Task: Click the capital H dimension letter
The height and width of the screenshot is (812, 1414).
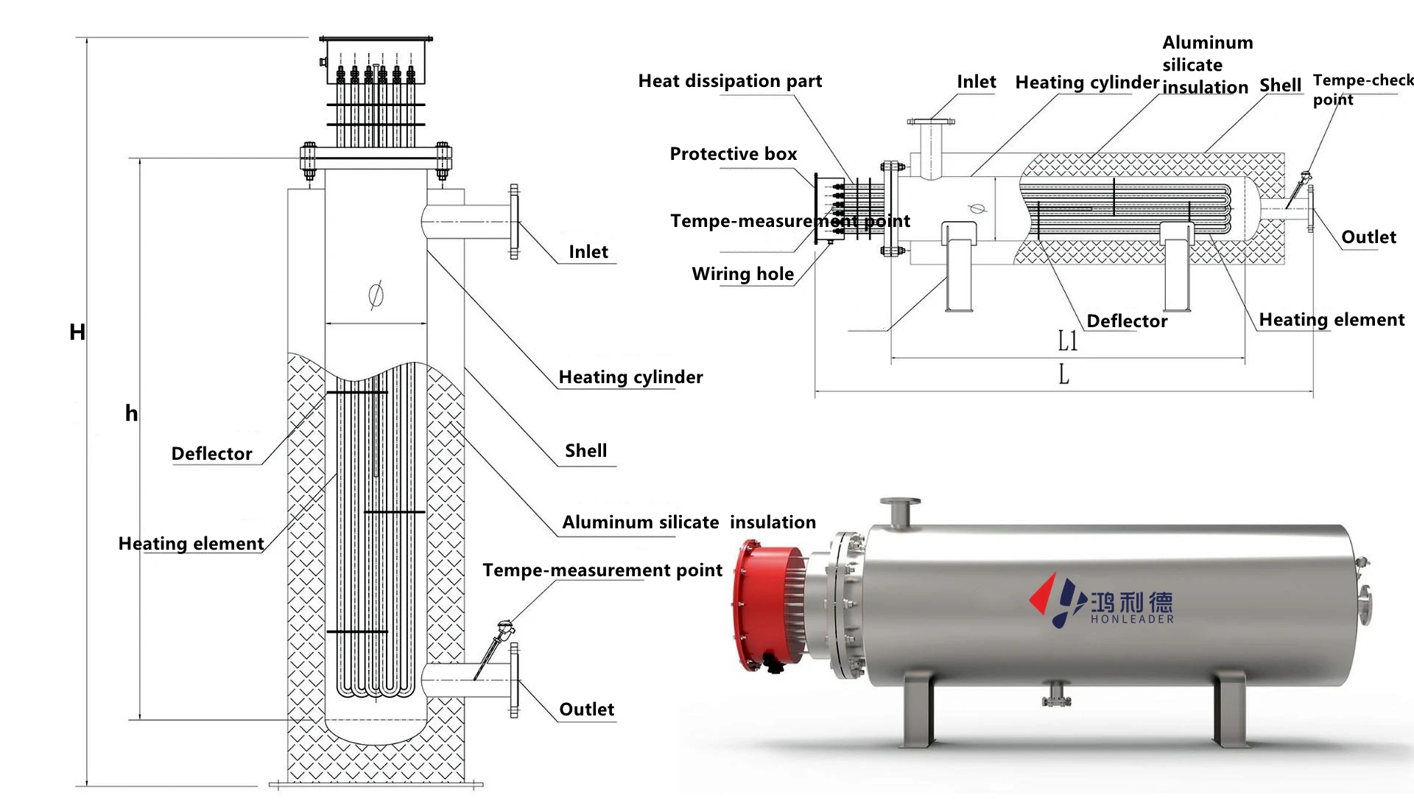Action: click(77, 332)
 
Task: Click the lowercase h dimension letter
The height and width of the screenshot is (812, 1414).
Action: click(131, 413)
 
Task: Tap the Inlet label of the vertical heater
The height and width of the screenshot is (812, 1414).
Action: click(588, 252)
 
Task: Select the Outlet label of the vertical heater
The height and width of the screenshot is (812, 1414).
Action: click(586, 710)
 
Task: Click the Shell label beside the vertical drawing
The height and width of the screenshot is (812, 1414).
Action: click(585, 451)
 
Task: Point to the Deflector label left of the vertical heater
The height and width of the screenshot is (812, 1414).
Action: click(211, 454)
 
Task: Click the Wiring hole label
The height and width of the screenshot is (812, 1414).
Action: click(742, 274)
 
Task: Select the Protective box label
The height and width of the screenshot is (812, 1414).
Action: click(733, 154)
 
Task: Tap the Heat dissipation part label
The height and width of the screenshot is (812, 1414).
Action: click(729, 81)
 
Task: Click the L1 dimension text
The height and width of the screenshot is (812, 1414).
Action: click(1067, 340)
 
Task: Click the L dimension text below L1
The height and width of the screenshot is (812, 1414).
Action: click(1063, 375)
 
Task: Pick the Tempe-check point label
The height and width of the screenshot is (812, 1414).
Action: click(1361, 89)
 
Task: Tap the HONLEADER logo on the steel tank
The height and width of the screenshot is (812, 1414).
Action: click(1103, 602)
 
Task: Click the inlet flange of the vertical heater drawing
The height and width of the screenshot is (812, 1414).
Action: click(514, 221)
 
